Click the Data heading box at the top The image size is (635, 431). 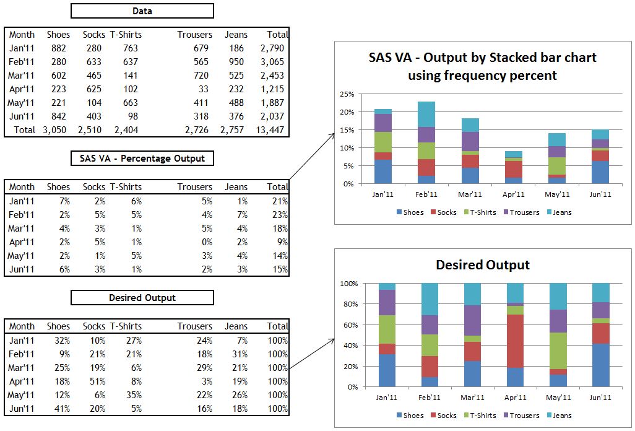(x=142, y=11)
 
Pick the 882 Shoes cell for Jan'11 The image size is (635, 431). (x=59, y=48)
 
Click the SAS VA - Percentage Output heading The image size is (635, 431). (x=142, y=158)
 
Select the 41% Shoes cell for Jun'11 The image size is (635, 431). (x=61, y=408)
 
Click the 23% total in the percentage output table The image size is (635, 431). (x=280, y=214)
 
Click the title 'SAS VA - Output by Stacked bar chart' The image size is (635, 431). (x=482, y=58)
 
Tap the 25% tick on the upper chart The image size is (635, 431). (x=347, y=94)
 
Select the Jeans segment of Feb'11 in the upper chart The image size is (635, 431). (x=426, y=114)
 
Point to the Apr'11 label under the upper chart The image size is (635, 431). (x=514, y=194)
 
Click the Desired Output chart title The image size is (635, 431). (x=483, y=265)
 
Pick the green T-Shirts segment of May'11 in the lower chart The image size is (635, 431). (x=558, y=350)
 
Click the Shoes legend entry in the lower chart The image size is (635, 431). (x=410, y=416)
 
